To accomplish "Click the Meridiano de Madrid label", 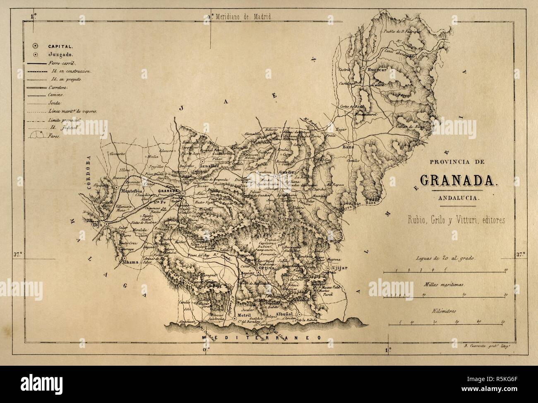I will (x=243, y=17).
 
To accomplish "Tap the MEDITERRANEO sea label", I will (x=261, y=338).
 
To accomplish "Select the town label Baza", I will (x=347, y=146).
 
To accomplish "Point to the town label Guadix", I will (x=286, y=171).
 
